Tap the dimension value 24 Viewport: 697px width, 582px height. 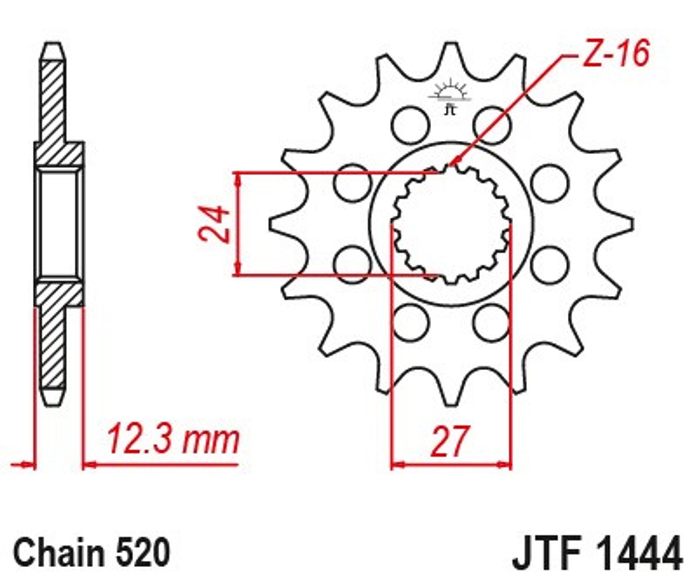click(x=213, y=224)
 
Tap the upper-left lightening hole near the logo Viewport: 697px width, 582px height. click(x=410, y=125)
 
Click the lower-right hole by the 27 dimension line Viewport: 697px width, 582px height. click(x=492, y=323)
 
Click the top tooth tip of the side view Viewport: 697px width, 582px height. click(x=54, y=44)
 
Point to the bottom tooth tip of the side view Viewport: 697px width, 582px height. click(x=54, y=404)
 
